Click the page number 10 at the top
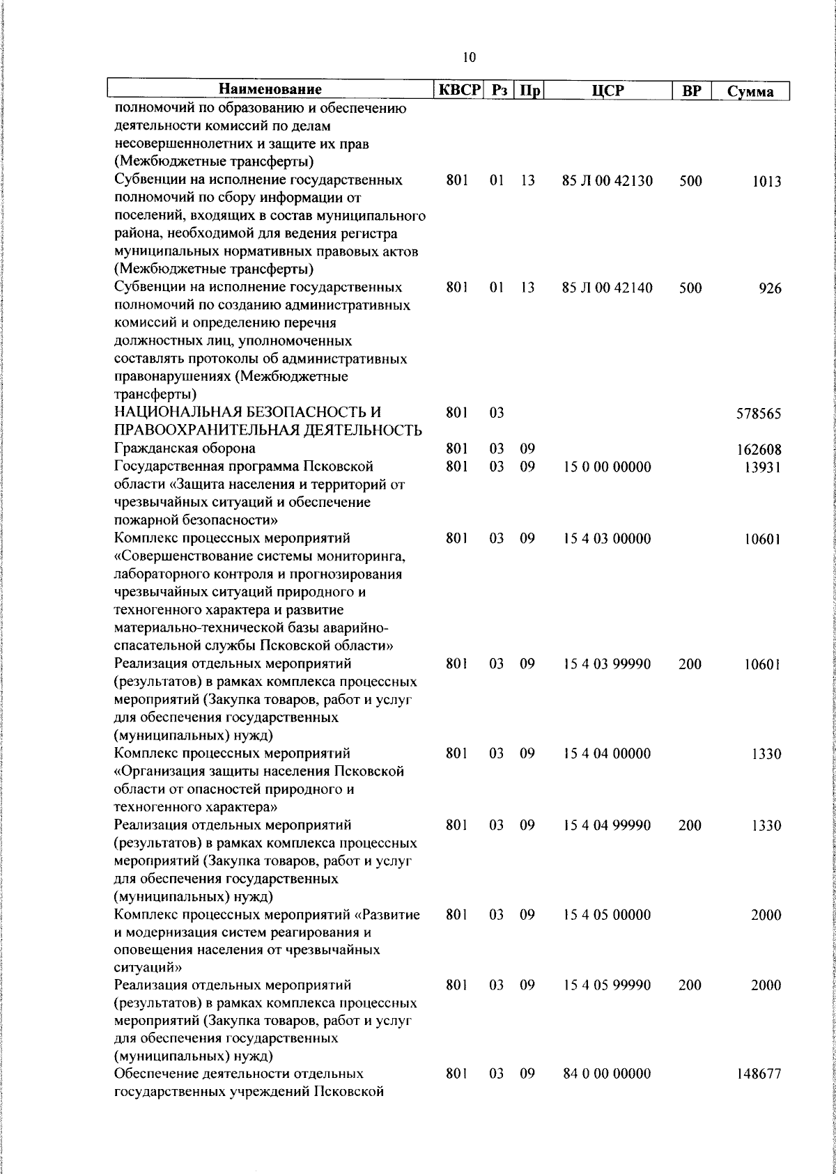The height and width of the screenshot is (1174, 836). [x=469, y=57]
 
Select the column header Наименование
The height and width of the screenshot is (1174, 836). [x=270, y=91]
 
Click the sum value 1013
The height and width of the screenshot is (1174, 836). [x=766, y=182]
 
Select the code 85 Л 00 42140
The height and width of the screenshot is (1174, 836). [x=607, y=288]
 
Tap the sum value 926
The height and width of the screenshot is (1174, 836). [x=771, y=289]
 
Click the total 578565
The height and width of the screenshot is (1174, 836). [x=759, y=414]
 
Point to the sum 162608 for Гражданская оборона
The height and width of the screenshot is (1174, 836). [x=759, y=450]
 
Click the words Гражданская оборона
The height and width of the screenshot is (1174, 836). [x=185, y=448]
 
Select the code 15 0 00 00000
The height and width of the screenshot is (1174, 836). [x=607, y=467]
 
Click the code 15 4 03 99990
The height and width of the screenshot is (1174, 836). [x=607, y=664]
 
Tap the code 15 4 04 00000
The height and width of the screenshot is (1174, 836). [x=607, y=753]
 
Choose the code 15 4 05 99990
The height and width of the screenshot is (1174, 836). [x=607, y=985]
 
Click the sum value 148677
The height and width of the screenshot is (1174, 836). [x=759, y=1075]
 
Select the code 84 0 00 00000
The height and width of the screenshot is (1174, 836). [x=607, y=1074]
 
